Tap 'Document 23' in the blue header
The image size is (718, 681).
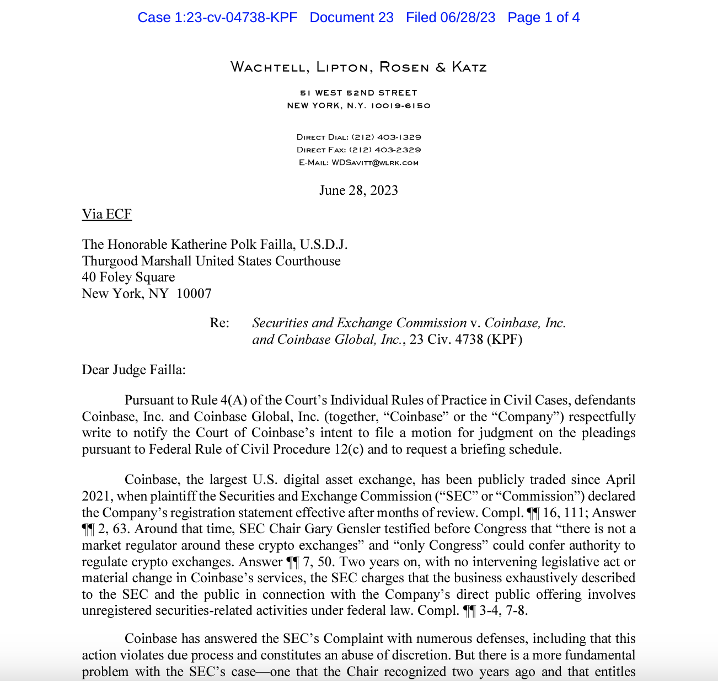coord(351,18)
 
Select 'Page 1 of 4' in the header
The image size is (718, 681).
coord(543,18)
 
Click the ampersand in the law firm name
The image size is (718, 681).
coord(441,67)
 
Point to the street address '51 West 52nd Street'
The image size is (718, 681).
coord(358,93)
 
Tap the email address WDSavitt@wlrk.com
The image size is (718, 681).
coord(375,163)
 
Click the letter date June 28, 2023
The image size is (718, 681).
coord(358,190)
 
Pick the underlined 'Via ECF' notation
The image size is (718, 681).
coord(106,214)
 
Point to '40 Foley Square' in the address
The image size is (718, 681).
coord(128,277)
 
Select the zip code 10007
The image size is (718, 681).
coord(194,294)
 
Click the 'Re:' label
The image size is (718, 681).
coord(219,323)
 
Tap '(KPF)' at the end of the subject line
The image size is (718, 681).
coord(504,339)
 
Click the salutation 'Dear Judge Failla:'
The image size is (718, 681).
coord(133,370)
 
